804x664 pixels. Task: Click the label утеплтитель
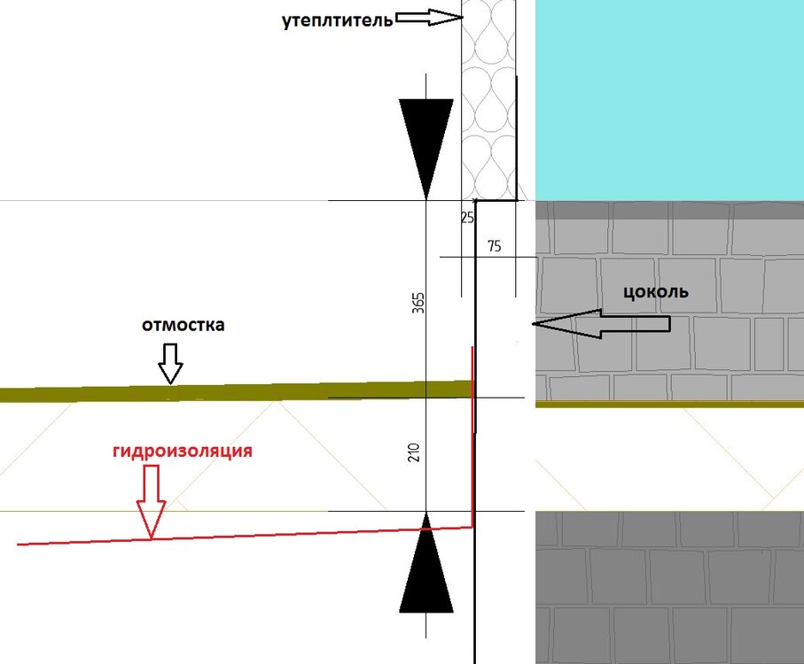tap(338, 21)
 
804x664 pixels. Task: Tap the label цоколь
tap(656, 292)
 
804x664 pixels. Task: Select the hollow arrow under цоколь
tap(601, 323)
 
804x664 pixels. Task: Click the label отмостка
tap(183, 325)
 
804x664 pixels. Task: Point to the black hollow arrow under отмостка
tap(170, 364)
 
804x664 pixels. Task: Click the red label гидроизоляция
tap(183, 451)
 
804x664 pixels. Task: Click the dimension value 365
tap(418, 303)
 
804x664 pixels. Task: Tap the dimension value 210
tap(414, 452)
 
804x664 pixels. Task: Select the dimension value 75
tap(495, 246)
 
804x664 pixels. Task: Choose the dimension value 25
tap(467, 218)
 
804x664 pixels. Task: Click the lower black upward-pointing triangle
tap(426, 563)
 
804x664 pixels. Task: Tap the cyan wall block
tap(669, 100)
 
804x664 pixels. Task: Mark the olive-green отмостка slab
tap(236, 391)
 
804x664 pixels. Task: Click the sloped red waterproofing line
tap(244, 536)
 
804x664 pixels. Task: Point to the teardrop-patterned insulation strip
tap(488, 100)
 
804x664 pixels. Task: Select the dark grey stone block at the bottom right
tap(669, 587)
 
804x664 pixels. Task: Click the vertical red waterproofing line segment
tap(472, 436)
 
